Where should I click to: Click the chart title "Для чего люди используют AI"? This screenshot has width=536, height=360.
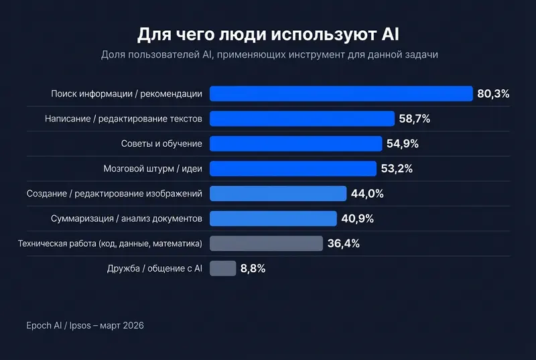(x=268, y=34)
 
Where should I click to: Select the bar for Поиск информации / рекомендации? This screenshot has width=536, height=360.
(x=341, y=94)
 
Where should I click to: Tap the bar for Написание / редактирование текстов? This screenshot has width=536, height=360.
(x=302, y=119)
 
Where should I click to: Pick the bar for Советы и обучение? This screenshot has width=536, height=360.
(x=295, y=143)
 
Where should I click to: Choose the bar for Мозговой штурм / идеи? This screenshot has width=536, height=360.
(x=293, y=168)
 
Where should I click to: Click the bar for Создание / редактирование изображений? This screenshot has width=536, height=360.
(x=278, y=194)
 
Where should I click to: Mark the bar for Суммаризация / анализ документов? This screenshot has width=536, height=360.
(x=273, y=219)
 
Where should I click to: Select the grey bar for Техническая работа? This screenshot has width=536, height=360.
(x=266, y=243)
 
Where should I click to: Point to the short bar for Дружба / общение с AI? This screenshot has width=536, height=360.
(x=222, y=268)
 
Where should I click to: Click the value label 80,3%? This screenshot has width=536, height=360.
(x=493, y=94)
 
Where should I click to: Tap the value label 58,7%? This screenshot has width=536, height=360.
(x=414, y=119)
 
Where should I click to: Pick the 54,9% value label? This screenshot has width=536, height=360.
(x=403, y=143)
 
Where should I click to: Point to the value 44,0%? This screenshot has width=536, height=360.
(x=367, y=194)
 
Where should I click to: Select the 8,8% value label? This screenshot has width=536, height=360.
(x=253, y=268)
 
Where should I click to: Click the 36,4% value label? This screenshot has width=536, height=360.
(x=344, y=243)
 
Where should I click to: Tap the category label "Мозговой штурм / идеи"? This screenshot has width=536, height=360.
(x=153, y=168)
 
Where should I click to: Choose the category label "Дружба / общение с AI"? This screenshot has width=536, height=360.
(x=154, y=268)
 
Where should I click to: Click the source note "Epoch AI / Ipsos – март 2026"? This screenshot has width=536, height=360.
(x=80, y=325)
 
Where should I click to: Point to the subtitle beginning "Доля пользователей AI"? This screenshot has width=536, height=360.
(x=268, y=55)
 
